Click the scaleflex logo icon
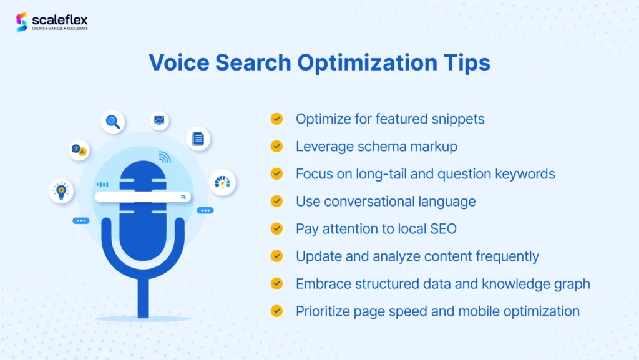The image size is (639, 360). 22,22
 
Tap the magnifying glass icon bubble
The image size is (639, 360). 113,122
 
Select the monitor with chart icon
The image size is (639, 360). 160,120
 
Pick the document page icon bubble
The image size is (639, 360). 198,139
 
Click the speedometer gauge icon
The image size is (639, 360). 222,182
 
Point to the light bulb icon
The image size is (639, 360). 61,190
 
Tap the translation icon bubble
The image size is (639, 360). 79,150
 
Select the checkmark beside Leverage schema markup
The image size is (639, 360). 276,146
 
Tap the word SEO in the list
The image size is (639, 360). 442,228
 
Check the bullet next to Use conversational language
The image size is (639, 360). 276,201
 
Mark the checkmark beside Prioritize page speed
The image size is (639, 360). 276,311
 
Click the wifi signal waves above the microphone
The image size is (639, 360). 164,157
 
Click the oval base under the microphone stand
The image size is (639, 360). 142,319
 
